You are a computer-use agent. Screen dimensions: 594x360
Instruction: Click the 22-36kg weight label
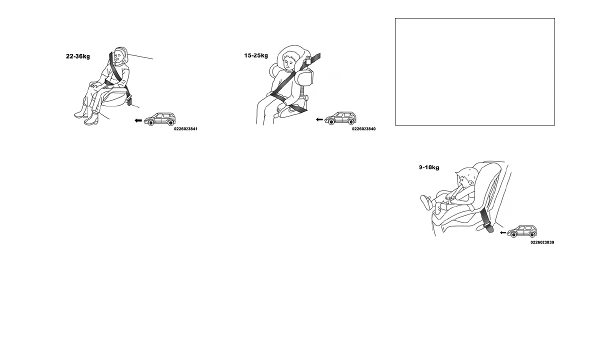pyautogui.click(x=78, y=56)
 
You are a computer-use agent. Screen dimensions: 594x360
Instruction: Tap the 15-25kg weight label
pyautogui.click(x=256, y=55)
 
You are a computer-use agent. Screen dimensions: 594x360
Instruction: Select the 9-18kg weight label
pyautogui.click(x=429, y=167)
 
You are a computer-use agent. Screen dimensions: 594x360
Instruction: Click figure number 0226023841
pyautogui.click(x=185, y=129)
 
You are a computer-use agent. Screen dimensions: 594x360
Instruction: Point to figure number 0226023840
pyautogui.click(x=363, y=129)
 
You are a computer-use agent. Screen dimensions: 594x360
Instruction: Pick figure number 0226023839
pyautogui.click(x=542, y=242)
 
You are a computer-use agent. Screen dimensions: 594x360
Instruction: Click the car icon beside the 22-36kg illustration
pyautogui.click(x=160, y=119)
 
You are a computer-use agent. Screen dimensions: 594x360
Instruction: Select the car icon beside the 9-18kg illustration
pyautogui.click(x=522, y=231)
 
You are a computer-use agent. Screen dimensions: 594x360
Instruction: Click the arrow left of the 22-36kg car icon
pyautogui.click(x=138, y=120)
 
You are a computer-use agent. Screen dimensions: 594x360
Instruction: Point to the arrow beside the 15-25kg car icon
pyautogui.click(x=319, y=120)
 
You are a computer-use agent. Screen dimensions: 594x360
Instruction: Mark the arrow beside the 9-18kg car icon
pyautogui.click(x=503, y=232)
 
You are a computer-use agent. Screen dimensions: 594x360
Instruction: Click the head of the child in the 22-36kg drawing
pyautogui.click(x=120, y=56)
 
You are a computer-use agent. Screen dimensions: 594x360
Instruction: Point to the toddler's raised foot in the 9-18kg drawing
pyautogui.click(x=426, y=202)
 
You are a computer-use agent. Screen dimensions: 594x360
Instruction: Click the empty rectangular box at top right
pyautogui.click(x=474, y=71)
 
